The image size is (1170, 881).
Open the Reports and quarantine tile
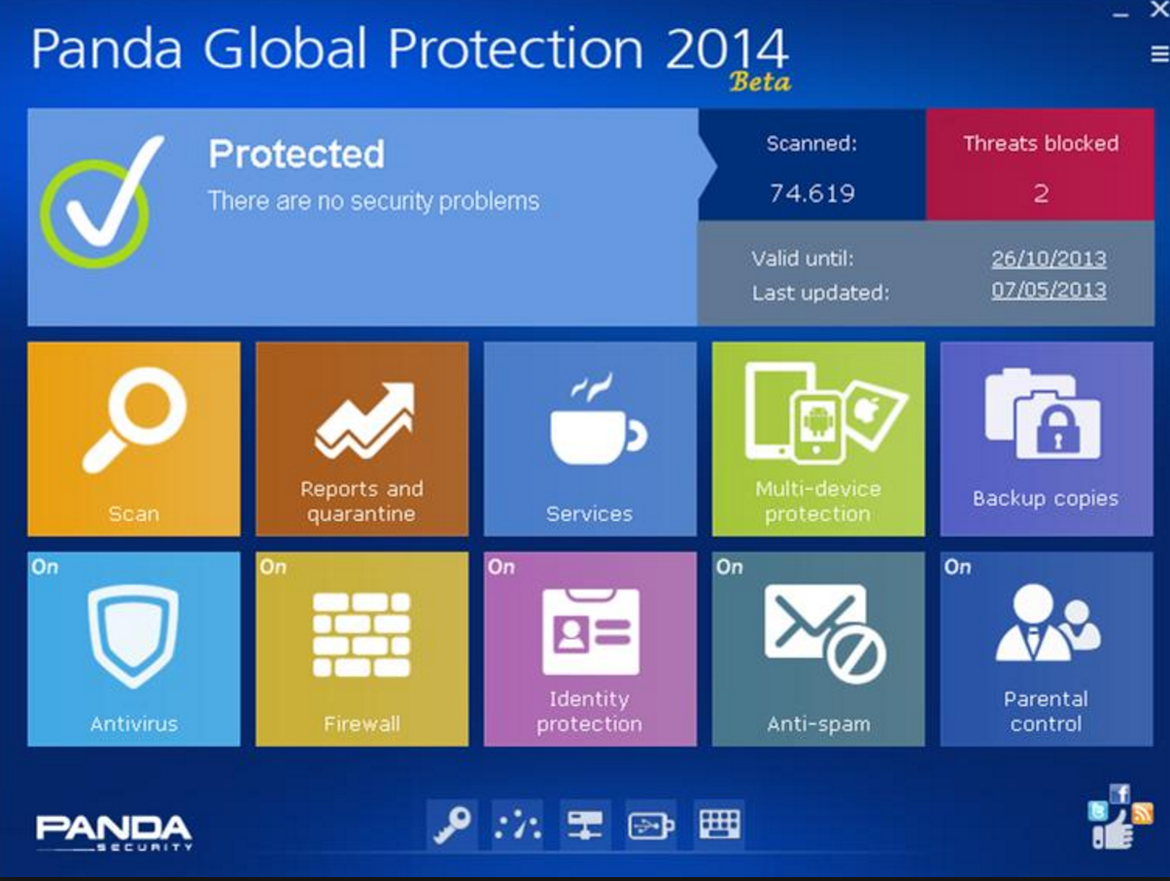361,439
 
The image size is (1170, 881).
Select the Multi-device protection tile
818,439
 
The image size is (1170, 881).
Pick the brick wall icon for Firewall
361,635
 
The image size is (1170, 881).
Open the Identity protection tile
590,649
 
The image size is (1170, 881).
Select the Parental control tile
1047,649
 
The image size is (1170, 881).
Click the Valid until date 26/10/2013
1049,259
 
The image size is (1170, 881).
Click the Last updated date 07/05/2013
1049,290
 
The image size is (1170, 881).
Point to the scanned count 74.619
812,194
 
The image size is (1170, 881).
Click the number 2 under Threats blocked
1041,194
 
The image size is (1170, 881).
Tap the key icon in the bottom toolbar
452,825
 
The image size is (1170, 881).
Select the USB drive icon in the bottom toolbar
651,826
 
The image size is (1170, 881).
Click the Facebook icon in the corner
1119,794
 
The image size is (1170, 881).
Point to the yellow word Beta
761,82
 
